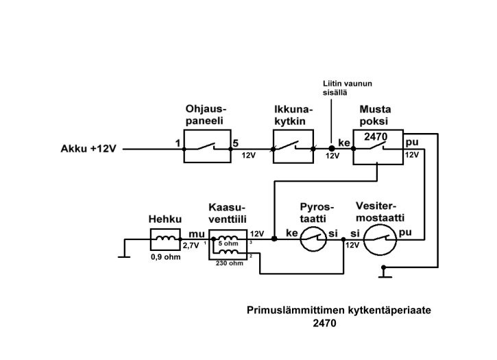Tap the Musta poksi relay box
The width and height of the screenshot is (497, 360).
378,147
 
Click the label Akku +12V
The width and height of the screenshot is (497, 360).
89,148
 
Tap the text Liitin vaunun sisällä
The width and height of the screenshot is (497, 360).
347,88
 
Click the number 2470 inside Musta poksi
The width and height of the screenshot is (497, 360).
376,137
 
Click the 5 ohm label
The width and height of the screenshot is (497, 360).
228,243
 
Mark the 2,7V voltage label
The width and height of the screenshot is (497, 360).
191,245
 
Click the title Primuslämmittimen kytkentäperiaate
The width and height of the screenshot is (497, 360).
339,310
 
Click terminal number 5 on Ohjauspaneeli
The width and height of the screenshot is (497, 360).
235,144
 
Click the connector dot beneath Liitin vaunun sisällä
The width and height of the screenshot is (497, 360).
332,148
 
